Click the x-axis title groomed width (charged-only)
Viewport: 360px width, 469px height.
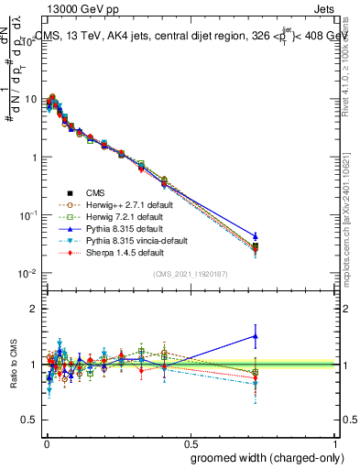[261, 457]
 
